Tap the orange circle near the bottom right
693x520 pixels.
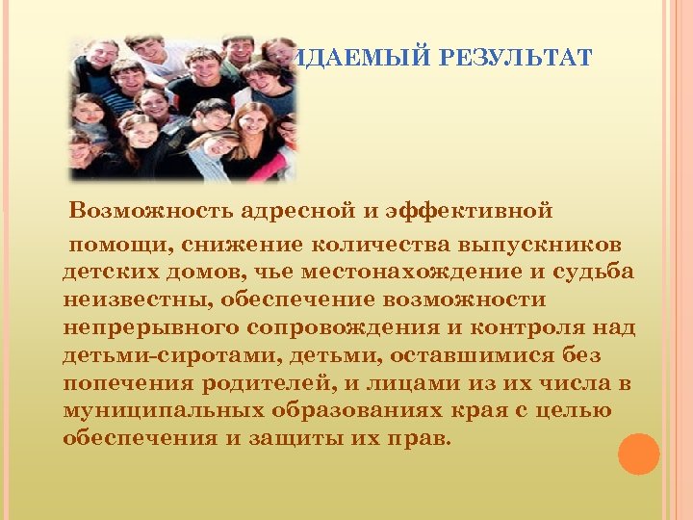[x=638, y=454]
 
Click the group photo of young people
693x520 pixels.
[x=183, y=109]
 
